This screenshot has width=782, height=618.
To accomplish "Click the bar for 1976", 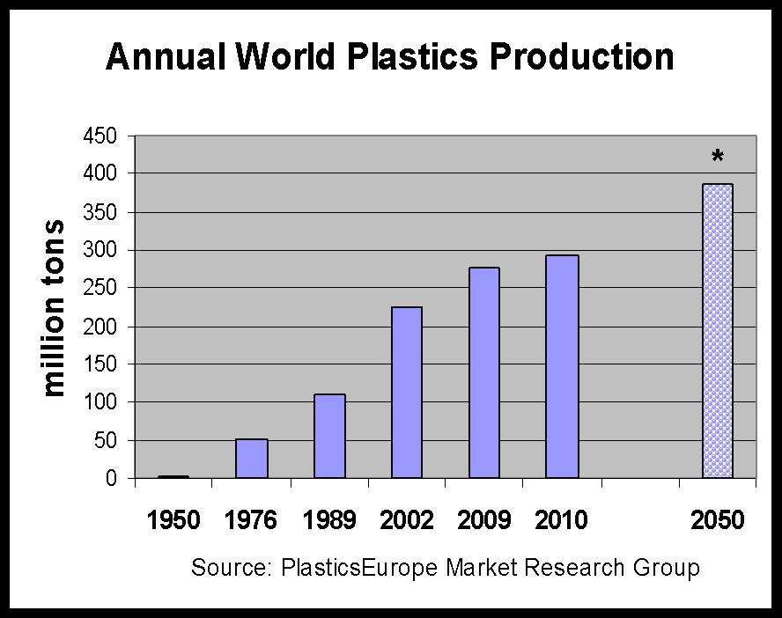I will click(x=251, y=459).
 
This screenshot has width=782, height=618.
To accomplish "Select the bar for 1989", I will click(x=328, y=437).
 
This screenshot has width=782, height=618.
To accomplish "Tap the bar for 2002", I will click(x=406, y=393).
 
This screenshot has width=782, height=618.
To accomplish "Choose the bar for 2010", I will click(x=561, y=367).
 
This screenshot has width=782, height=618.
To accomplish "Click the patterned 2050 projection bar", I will click(x=717, y=331).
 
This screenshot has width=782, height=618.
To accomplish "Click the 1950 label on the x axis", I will click(x=173, y=520).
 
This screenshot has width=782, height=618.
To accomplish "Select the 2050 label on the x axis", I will click(x=717, y=520).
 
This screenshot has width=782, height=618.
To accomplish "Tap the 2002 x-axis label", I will click(x=406, y=520).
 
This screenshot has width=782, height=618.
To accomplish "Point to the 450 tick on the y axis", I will click(x=99, y=136).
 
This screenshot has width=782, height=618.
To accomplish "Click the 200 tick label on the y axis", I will click(x=99, y=327).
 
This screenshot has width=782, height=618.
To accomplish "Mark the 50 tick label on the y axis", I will click(x=105, y=441).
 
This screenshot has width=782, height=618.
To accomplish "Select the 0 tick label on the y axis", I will click(x=111, y=479).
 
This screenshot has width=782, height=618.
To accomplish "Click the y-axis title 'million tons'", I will click(x=55, y=307).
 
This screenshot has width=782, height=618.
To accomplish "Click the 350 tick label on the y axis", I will click(x=99, y=212).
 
